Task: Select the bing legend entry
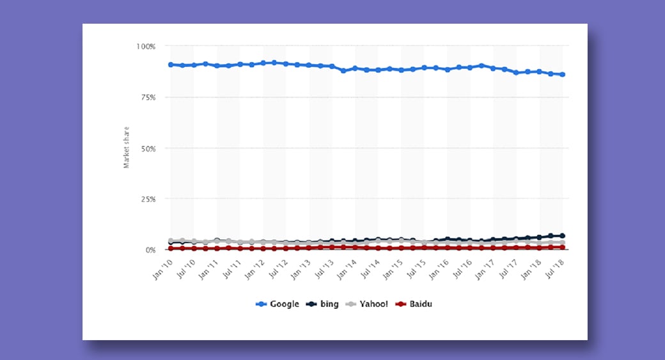(x=325, y=304)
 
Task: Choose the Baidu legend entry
(x=416, y=304)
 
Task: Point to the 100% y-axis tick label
(x=145, y=47)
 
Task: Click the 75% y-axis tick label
(x=147, y=97)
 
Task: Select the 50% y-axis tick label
(x=147, y=148)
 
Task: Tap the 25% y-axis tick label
(x=147, y=200)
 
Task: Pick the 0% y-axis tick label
(x=150, y=250)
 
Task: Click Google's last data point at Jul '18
(x=563, y=75)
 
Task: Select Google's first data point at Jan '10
(x=171, y=65)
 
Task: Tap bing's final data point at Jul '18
(x=563, y=236)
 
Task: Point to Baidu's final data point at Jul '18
(x=563, y=247)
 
